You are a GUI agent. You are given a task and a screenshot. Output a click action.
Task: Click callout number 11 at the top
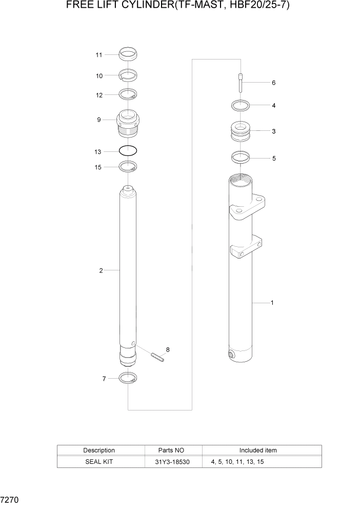(99, 55)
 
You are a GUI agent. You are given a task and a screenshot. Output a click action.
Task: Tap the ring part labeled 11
(128, 53)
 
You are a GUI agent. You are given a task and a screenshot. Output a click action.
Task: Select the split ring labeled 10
(128, 75)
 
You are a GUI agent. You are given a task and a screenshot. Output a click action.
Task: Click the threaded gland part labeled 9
(128, 124)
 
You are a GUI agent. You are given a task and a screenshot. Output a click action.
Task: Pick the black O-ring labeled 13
(128, 151)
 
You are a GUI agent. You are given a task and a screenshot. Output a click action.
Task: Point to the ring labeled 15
(128, 166)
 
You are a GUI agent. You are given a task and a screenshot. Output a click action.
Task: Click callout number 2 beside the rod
(101, 270)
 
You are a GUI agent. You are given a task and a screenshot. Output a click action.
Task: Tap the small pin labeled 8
(157, 357)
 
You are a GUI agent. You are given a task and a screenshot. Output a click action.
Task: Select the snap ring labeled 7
(128, 379)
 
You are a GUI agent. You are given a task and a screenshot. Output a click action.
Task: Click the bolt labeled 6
(241, 83)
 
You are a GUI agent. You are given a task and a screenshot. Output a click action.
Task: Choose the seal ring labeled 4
(241, 106)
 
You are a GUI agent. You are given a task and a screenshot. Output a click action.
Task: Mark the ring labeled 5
(241, 158)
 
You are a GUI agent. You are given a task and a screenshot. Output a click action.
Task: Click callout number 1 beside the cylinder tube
(272, 303)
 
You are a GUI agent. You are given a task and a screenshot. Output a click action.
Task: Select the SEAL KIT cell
(99, 462)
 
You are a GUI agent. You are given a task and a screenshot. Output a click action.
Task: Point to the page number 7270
(10, 499)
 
